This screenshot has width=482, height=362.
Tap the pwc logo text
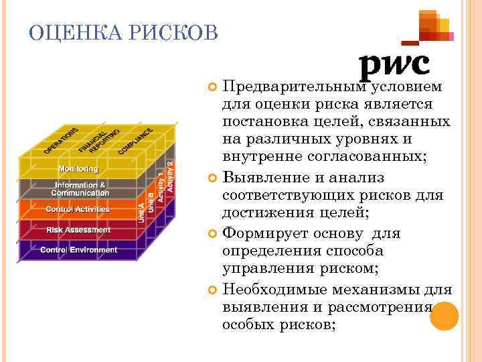(x=394, y=65)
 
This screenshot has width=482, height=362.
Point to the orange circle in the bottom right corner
(x=443, y=316)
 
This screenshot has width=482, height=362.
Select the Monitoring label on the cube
(x=77, y=169)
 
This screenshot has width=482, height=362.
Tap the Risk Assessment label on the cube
(x=78, y=230)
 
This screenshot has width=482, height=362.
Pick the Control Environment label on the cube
(x=78, y=250)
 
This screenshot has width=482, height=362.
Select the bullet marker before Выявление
(x=213, y=178)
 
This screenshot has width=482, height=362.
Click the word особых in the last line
(x=246, y=324)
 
